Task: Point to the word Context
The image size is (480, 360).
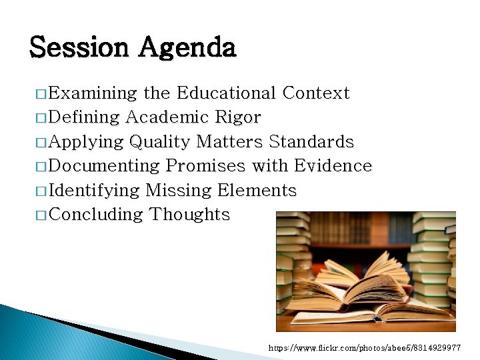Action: tap(316, 93)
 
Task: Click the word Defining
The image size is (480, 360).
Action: tap(84, 118)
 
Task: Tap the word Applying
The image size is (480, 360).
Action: tap(87, 143)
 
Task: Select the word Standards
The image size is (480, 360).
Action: tap(311, 142)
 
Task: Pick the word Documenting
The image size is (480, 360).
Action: tap(105, 166)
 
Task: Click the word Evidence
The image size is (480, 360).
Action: tap(333, 166)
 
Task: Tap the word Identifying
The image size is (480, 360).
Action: tap(94, 191)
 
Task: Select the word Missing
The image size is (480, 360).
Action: tap(179, 191)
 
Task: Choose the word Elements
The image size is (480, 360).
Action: tap(257, 191)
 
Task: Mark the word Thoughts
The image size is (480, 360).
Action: tap(190, 215)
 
